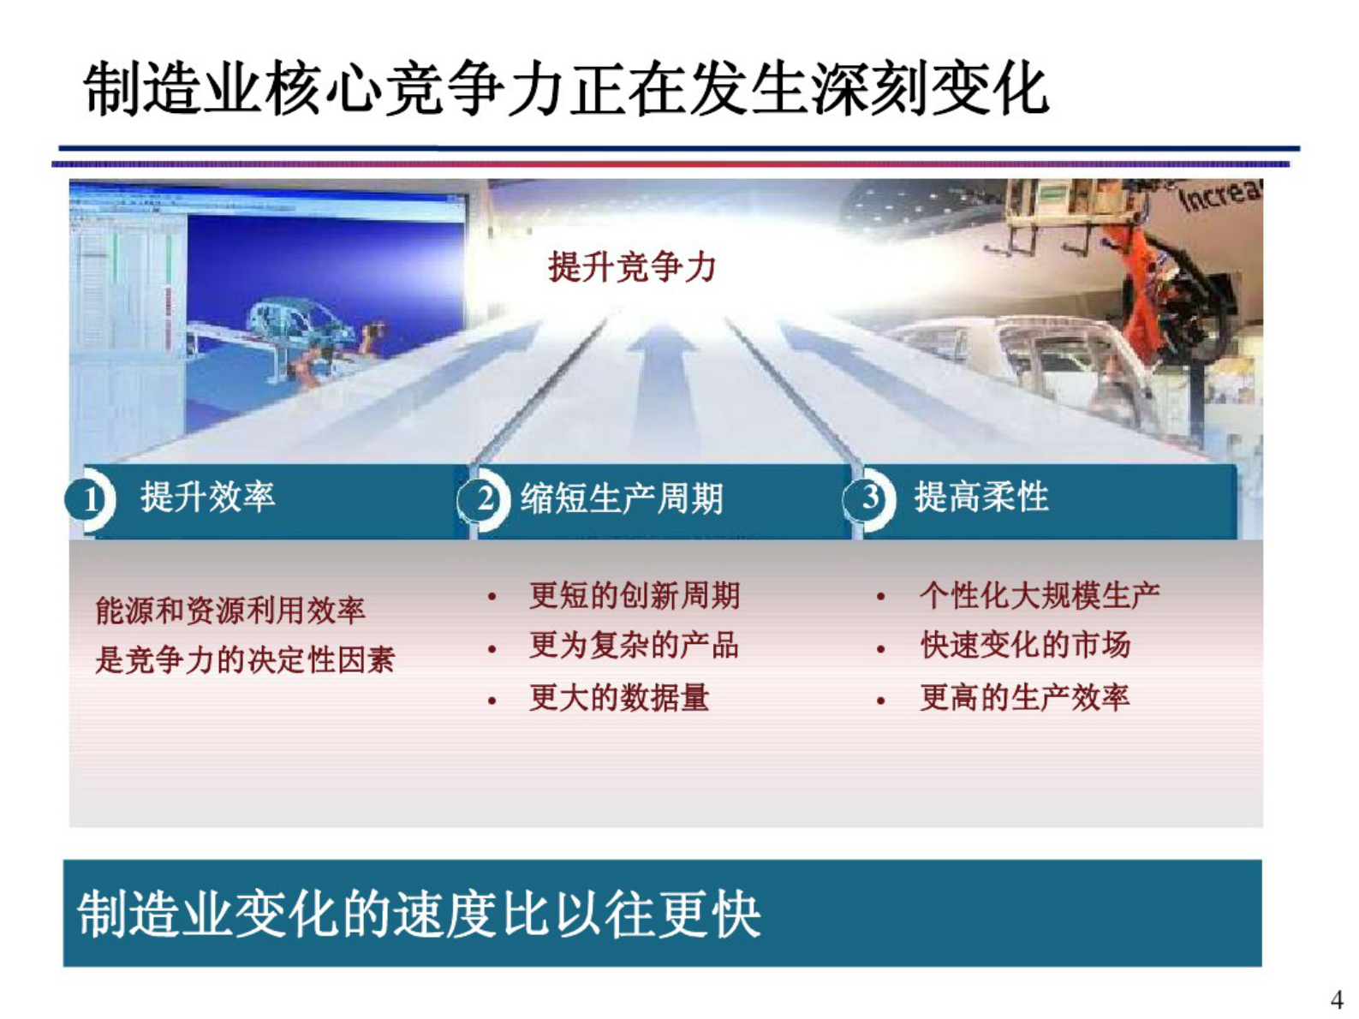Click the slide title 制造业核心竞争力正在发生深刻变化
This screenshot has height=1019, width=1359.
coord(565,88)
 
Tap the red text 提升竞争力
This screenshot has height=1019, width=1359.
coord(632,267)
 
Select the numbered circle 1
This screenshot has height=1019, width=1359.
coord(90,499)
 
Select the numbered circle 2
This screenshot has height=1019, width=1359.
coord(485,498)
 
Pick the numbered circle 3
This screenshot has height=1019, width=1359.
coord(870,498)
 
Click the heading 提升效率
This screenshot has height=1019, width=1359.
coord(208,497)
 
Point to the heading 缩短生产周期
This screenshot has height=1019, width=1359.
coord(622,498)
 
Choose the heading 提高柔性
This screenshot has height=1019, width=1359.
coord(981,497)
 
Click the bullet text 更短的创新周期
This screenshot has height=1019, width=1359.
coord(634,595)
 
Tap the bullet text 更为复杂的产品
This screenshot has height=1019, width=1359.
coord(634,646)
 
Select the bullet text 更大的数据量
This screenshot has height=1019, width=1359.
coord(619,698)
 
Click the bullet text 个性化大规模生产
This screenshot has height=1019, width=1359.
coord(1040,595)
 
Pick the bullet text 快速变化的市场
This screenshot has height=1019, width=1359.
coord(1025,646)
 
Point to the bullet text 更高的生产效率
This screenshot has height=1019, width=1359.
coord(1025,698)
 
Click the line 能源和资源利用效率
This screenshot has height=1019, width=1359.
coord(230,611)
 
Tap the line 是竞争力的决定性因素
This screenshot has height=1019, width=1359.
coord(245,660)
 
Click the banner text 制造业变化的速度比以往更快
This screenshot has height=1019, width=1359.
coord(419,915)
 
